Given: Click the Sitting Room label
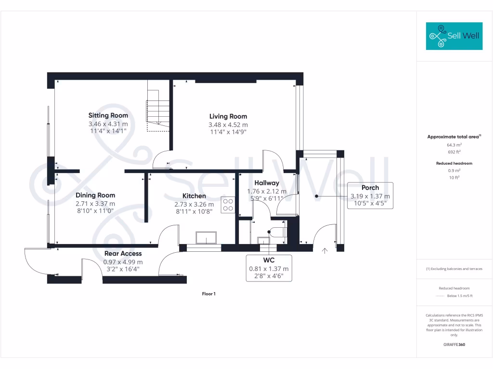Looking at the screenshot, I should point(108,115).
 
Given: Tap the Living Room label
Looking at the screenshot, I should point(228,116).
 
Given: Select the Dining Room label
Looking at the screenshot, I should point(95,195).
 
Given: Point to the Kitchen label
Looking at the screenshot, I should point(194,196).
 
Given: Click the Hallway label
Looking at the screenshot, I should point(267,183).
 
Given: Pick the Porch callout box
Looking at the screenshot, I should point(370,196).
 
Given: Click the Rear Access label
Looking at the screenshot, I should point(123,253).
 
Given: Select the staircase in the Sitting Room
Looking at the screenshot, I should point(158,111).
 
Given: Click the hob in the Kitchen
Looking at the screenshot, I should point(228,205).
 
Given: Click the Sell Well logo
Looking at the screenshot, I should point(454,36).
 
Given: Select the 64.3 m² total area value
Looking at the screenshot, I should point(454,145).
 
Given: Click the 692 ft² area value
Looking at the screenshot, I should point(454,152).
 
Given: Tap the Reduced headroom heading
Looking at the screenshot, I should point(454,163).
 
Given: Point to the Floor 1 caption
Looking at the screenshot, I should point(208,294).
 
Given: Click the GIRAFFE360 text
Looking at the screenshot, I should point(454,344).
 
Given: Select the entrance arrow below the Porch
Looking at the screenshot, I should point(324,250).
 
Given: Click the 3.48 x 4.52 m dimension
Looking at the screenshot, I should point(228,125).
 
